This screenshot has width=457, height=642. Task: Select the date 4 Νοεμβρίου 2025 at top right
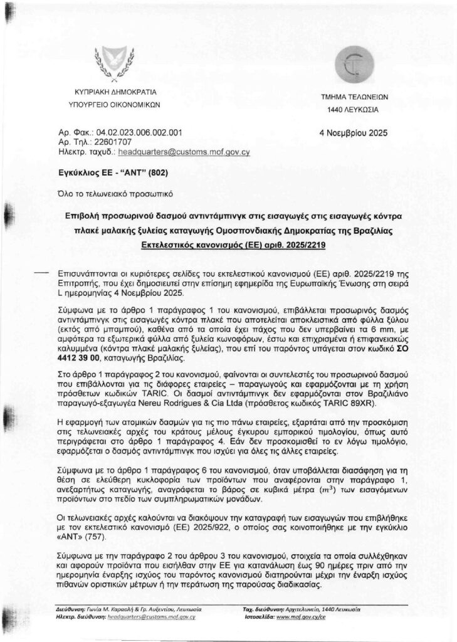(x=354, y=133)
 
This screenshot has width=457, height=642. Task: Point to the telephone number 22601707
(x=110, y=142)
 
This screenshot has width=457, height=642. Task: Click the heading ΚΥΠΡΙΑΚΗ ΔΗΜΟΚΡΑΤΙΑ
(x=115, y=92)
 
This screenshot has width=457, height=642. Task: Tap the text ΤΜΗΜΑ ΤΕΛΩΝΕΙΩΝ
(x=355, y=98)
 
